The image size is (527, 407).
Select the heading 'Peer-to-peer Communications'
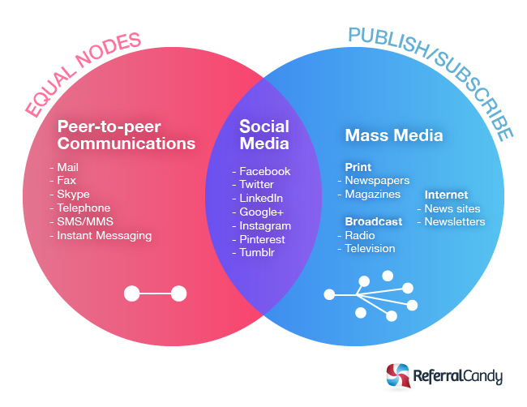click(126, 135)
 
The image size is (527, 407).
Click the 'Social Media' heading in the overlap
click(263, 135)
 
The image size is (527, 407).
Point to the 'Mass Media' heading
click(394, 135)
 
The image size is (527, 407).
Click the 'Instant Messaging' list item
click(104, 236)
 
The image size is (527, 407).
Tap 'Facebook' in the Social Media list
click(264, 171)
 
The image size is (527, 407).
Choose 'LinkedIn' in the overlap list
click(261, 199)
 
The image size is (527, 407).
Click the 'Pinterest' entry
click(262, 240)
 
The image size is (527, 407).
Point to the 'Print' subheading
click(358, 167)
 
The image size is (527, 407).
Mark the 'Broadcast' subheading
click(373, 221)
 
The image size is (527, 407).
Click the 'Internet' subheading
click(446, 195)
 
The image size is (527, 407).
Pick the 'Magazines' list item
click(372, 195)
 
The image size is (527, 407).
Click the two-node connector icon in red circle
click(155, 293)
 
